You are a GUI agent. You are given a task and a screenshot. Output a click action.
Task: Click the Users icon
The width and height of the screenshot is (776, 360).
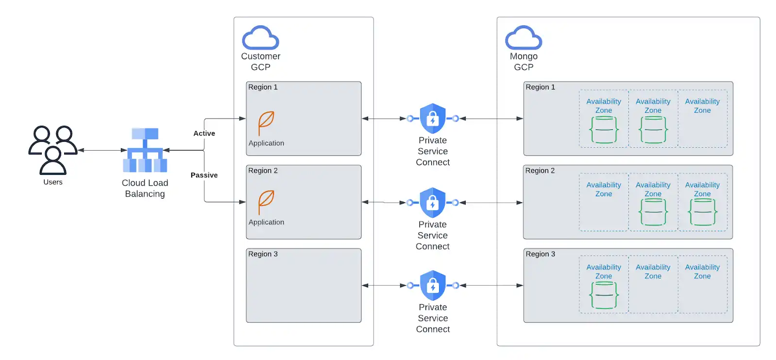click(x=52, y=150)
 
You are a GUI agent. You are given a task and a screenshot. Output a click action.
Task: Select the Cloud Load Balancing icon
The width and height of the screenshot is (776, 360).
click(x=145, y=150)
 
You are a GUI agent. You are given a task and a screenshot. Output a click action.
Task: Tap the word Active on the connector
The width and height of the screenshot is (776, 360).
click(x=204, y=133)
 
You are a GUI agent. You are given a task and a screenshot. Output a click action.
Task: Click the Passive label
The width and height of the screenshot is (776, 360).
click(x=204, y=175)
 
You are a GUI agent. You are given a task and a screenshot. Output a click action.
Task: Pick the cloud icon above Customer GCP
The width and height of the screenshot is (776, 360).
click(x=260, y=38)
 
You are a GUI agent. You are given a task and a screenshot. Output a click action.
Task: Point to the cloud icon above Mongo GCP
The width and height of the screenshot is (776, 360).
click(x=523, y=38)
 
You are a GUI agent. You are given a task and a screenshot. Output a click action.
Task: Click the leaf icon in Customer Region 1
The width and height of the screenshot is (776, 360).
click(x=266, y=123)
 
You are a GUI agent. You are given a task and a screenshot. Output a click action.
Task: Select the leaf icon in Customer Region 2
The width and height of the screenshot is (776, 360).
click(x=266, y=202)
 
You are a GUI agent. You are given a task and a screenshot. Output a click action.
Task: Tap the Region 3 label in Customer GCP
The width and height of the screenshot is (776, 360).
click(x=263, y=254)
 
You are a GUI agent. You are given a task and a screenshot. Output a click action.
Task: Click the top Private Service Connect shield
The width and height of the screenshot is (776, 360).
click(x=433, y=119)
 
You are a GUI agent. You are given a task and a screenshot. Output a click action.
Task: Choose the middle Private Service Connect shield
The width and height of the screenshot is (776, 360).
click(x=433, y=203)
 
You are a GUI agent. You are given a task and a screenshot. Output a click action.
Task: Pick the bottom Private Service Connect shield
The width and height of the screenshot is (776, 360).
click(x=433, y=285)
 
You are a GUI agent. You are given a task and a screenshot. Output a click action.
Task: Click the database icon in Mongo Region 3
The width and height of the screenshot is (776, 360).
click(x=604, y=295)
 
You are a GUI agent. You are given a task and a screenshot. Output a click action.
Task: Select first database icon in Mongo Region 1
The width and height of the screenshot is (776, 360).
click(x=604, y=130)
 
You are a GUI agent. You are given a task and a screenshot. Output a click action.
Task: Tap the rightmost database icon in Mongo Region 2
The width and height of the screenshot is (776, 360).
click(x=702, y=212)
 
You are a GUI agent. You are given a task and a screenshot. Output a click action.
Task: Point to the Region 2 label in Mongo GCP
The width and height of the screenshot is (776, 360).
click(x=540, y=171)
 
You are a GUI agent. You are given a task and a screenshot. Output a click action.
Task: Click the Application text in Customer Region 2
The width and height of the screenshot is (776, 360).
click(x=266, y=222)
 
